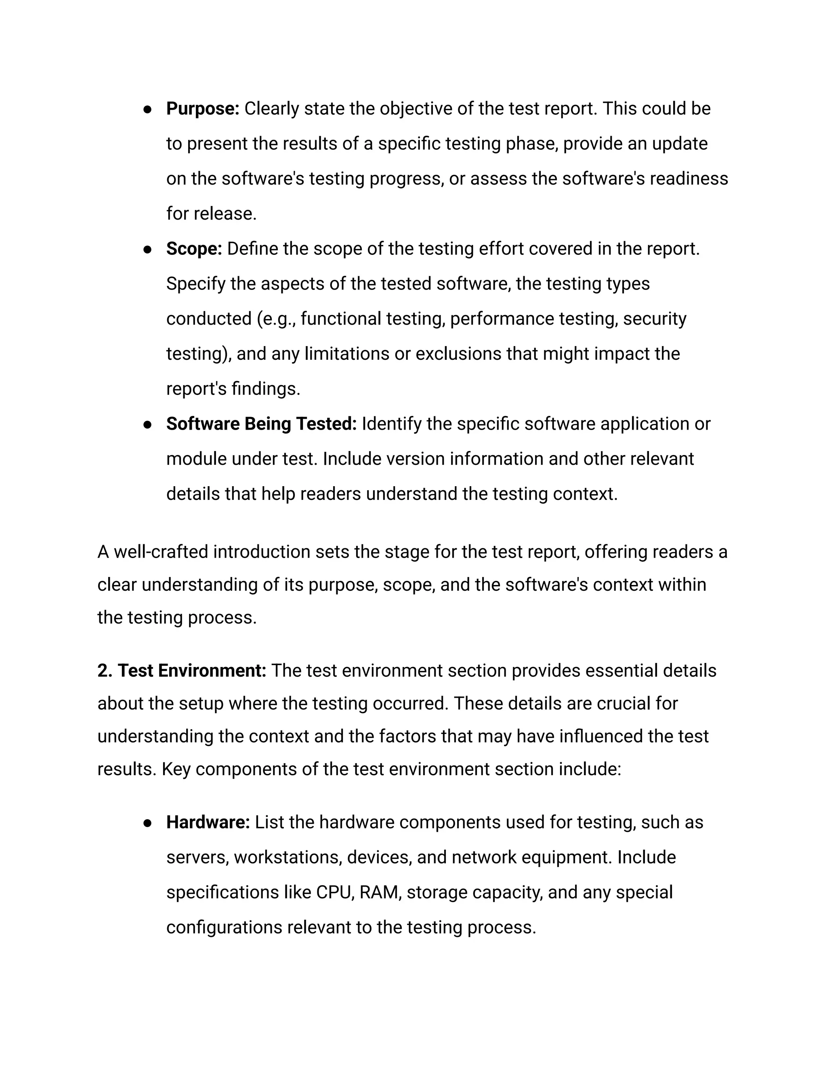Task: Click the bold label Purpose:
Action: pos(202,109)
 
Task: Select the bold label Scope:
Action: pos(194,249)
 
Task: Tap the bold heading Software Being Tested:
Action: pos(261,424)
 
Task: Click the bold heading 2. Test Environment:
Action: pos(181,671)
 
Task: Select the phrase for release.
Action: pos(211,214)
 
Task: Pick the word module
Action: pos(196,459)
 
